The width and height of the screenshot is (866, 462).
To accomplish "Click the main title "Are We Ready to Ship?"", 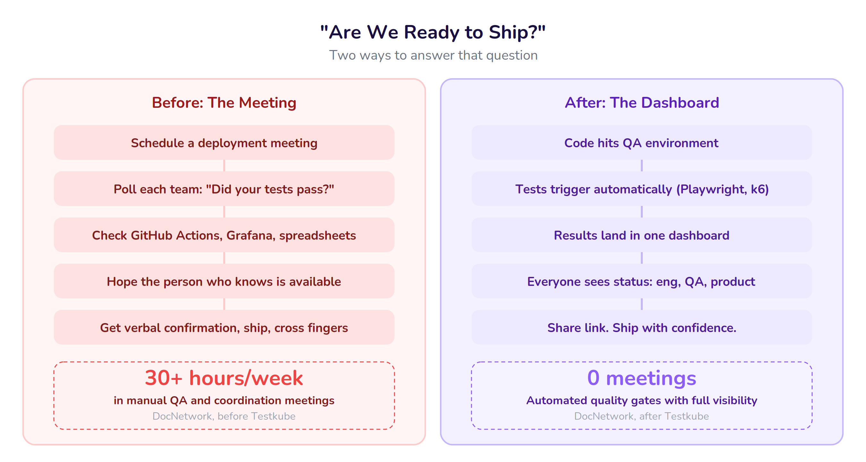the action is [433, 32].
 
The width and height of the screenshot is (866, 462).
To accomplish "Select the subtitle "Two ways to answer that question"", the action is [433, 56].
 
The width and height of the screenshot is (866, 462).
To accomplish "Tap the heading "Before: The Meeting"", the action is [224, 103].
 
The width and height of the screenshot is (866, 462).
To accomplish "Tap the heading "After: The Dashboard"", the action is [641, 103].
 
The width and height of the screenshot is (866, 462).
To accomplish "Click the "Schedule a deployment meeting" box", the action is [224, 143].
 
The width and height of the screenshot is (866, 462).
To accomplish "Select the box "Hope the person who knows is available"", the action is [224, 281].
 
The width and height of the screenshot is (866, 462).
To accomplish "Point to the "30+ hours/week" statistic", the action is [224, 378].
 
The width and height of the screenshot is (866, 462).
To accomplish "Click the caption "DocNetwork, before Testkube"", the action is [224, 416].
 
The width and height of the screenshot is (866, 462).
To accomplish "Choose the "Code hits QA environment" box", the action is [641, 143].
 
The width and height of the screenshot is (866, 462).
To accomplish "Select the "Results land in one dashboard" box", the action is [641, 235].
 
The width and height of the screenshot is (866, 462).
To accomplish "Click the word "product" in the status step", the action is [733, 282].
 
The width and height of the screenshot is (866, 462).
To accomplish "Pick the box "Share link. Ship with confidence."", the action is [641, 328].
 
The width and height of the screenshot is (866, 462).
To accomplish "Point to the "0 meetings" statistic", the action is [641, 378].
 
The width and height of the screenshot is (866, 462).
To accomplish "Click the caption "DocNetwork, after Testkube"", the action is [641, 416].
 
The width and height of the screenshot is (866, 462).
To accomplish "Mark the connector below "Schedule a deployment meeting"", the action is [224, 166].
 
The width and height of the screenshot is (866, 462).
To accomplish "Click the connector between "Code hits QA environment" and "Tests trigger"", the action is [642, 166].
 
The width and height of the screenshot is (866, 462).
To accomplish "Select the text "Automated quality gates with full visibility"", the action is [641, 400].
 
